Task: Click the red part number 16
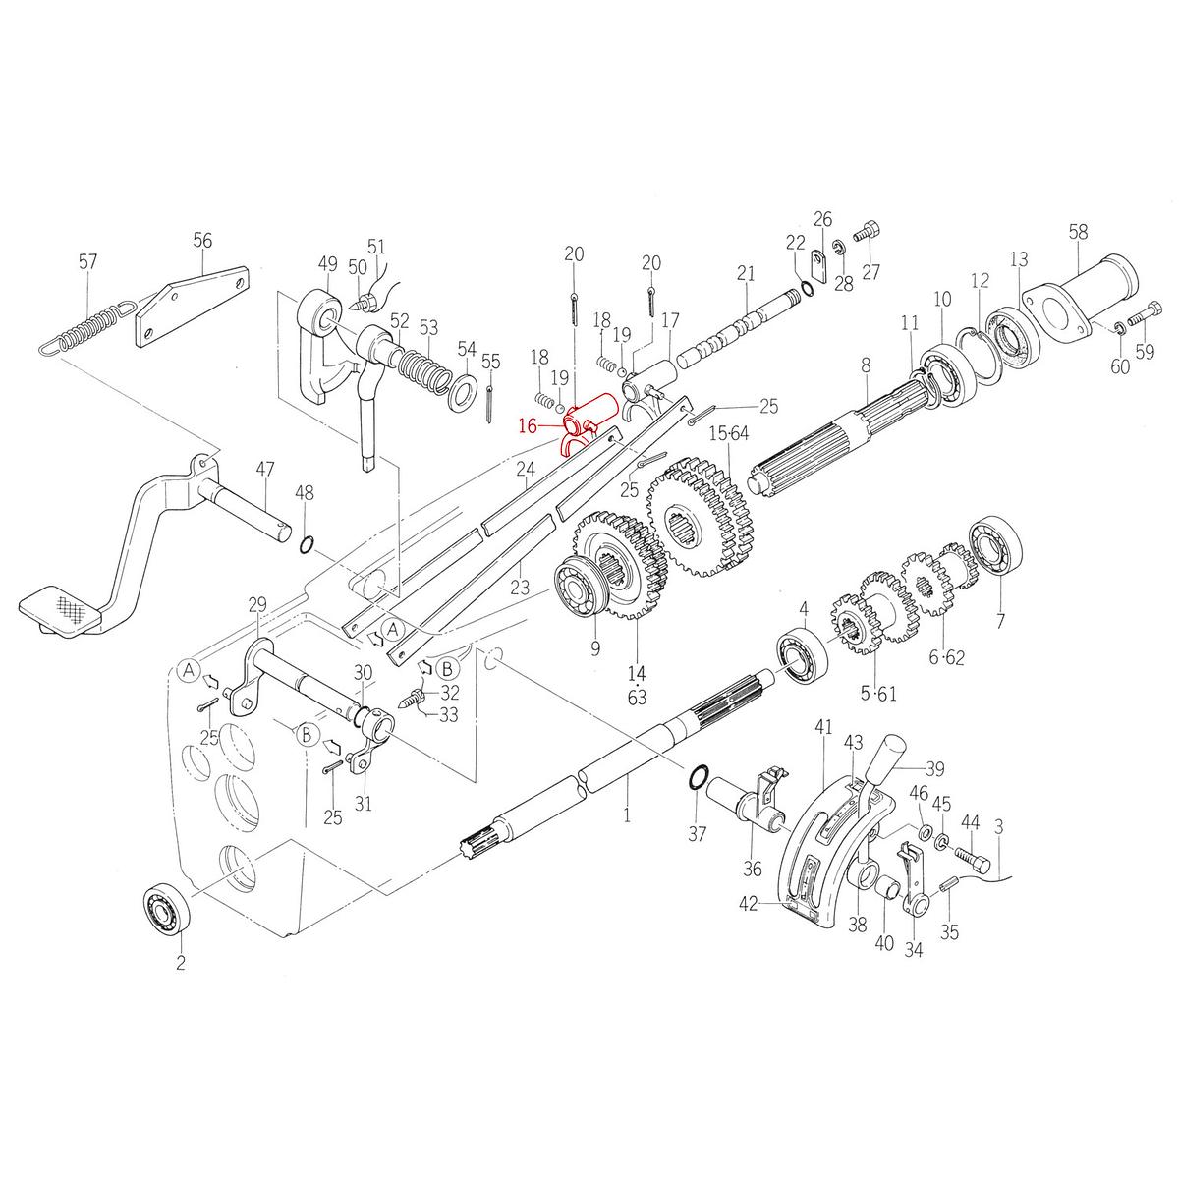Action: point(528,425)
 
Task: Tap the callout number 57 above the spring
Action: point(88,261)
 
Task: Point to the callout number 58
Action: point(1078,232)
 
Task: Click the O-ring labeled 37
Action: point(696,777)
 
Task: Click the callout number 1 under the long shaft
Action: point(626,814)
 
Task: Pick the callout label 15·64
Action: point(729,434)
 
